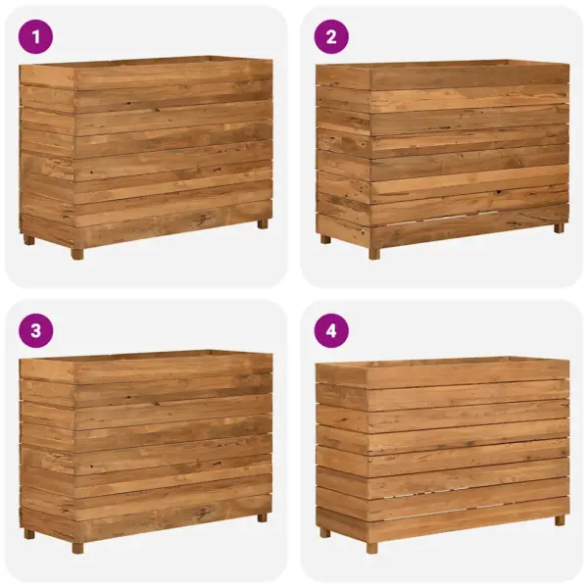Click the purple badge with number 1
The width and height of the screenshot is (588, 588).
pyautogui.click(x=36, y=37)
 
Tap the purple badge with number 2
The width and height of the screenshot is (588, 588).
pyautogui.click(x=331, y=37)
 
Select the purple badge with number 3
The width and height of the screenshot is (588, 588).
pyautogui.click(x=36, y=330)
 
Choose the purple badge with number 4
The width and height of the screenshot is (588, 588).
pyautogui.click(x=331, y=330)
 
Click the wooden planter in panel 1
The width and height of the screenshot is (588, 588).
pyautogui.click(x=146, y=152)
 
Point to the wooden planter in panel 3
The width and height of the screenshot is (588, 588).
pyautogui.click(x=146, y=446)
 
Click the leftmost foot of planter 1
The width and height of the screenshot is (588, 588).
pyautogui.click(x=29, y=239)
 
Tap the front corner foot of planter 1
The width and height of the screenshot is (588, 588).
pyautogui.click(x=77, y=253)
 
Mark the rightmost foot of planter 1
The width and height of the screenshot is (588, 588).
pyautogui.click(x=263, y=223)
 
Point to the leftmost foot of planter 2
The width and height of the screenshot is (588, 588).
pyautogui.click(x=325, y=238)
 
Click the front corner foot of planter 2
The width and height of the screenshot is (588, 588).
pyautogui.click(x=373, y=253)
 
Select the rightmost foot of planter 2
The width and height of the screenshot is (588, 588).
pyautogui.click(x=559, y=227)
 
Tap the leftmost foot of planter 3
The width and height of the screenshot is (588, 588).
pyautogui.click(x=29, y=533)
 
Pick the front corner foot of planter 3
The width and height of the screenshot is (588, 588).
pyautogui.click(x=77, y=547)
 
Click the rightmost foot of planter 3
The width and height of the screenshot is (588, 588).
pyautogui.click(x=263, y=517)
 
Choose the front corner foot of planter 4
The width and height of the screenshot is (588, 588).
pyautogui.click(x=373, y=548)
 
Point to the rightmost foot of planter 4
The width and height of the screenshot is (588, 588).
pyautogui.click(x=559, y=520)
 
